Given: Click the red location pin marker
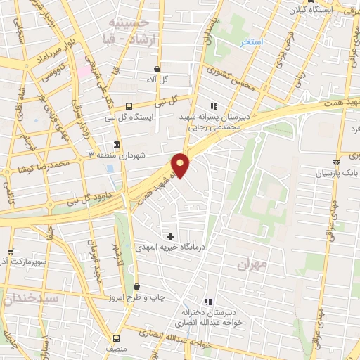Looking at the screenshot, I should point(181,165).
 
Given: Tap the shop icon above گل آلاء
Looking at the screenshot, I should point(156,69).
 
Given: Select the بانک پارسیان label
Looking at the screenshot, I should point(336,172).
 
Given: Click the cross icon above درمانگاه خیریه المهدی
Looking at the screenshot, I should point(170,236).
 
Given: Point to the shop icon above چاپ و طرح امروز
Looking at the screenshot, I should point(136,286).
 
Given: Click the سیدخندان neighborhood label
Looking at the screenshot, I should point(29,299).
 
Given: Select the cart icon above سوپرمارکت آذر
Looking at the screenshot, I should point(10,251).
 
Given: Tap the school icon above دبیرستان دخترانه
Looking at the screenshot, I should point(207,301).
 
